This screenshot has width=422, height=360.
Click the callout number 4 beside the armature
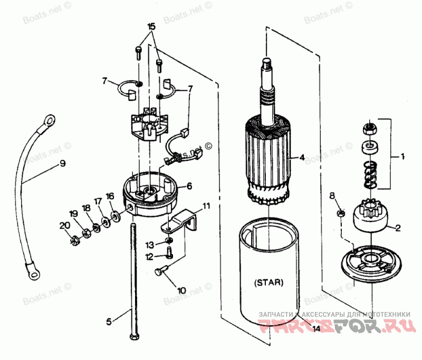302,157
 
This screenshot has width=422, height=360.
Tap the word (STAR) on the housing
269,282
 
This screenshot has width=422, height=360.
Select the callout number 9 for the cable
62,164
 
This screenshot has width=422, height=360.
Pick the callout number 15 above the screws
151,26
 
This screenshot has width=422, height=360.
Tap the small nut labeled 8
341,213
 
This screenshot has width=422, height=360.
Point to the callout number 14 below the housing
316,329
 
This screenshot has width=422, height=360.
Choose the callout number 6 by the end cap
189,186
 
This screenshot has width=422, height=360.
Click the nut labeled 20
74,241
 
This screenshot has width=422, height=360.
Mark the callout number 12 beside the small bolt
150,257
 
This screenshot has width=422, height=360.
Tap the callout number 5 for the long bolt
109,320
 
